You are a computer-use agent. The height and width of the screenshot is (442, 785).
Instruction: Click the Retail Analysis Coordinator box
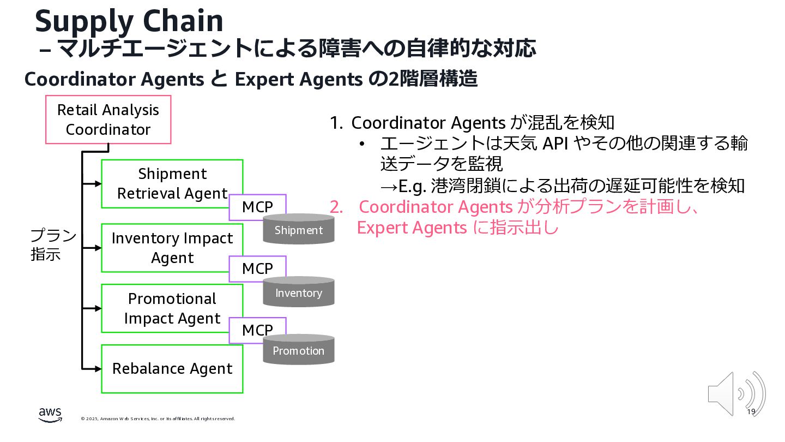coord(108,120)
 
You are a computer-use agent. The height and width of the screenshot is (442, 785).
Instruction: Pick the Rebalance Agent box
coord(172,368)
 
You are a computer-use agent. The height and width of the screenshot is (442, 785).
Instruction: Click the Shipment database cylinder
coord(298,229)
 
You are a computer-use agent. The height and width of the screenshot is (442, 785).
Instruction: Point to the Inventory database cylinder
coord(298,292)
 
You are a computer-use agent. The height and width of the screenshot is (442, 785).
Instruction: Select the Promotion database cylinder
coord(298,350)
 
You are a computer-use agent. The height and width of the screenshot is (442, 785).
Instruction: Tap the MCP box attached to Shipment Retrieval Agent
coord(257,207)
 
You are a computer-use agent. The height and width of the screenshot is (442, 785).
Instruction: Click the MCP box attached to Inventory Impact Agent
coord(257,268)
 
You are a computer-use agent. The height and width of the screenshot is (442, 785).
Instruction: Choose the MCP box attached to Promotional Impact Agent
coord(257,330)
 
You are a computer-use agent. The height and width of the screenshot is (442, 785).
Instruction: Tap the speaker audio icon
coord(736,393)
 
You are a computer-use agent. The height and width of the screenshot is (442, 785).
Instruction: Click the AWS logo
coord(50,415)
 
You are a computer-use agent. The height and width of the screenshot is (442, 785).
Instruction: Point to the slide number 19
coord(751,411)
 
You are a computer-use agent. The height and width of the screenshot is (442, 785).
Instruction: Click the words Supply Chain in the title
coord(129,21)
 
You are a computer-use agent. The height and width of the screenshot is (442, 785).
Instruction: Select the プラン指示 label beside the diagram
coord(53,245)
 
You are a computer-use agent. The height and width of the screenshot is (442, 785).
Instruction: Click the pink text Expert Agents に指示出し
coord(458,228)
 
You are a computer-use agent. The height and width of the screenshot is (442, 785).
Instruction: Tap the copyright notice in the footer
coord(158,419)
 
